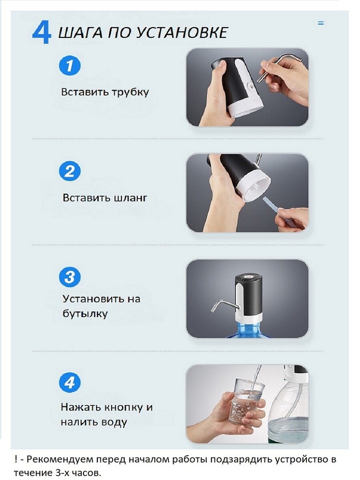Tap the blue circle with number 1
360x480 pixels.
pos(70,66)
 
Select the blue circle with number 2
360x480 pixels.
pos(70,172)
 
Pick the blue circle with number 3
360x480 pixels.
pos(70,277)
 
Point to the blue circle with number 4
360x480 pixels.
pos(70,383)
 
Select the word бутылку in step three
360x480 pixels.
pos(85,314)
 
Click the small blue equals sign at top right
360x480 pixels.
pos(320,23)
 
